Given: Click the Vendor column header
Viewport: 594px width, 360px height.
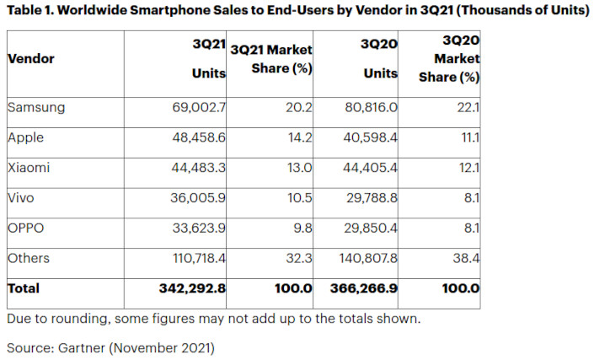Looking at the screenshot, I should [31, 59].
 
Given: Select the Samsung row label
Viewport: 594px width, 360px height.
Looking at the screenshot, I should [35, 107].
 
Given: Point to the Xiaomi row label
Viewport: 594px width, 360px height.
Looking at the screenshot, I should [28, 168].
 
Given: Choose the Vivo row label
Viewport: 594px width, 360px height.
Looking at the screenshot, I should [20, 198].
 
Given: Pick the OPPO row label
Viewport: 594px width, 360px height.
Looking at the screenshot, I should [24, 228].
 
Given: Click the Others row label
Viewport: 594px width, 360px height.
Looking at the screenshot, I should [29, 258].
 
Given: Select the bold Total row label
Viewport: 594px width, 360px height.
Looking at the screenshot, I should [24, 288].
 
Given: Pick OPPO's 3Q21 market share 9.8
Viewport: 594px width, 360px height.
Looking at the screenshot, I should [302, 228].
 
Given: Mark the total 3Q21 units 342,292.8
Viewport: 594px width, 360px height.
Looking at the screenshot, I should [191, 288].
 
